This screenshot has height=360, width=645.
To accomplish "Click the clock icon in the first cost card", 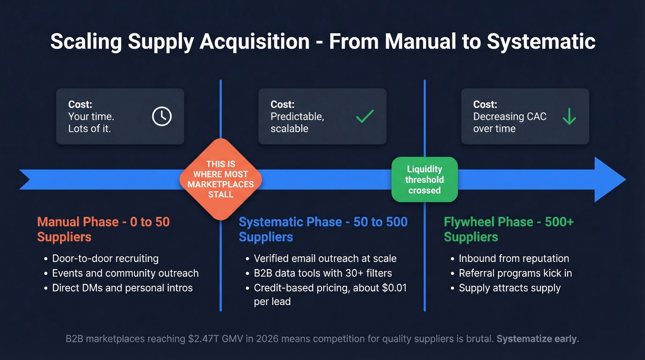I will (162, 116).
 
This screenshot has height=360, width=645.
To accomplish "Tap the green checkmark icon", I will (365, 116).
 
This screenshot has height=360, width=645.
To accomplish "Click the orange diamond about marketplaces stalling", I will (221, 179).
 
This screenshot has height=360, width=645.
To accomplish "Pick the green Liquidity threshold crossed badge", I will (424, 179).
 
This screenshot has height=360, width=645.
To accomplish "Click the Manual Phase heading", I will (103, 229).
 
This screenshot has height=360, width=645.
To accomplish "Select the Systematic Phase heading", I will (323, 229).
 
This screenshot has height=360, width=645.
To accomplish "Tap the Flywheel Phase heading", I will (509, 229).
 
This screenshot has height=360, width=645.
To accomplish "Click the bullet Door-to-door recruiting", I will (105, 258).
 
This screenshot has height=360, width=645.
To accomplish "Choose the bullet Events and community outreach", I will (125, 273).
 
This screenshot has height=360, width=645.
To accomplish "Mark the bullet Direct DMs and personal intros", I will (122, 288).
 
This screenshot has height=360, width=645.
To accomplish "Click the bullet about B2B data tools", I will (322, 273).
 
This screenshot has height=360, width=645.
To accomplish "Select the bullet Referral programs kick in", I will (515, 273).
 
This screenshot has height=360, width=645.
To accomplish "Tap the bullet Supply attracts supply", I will (510, 288).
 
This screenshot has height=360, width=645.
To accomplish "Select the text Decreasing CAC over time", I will (510, 122).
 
